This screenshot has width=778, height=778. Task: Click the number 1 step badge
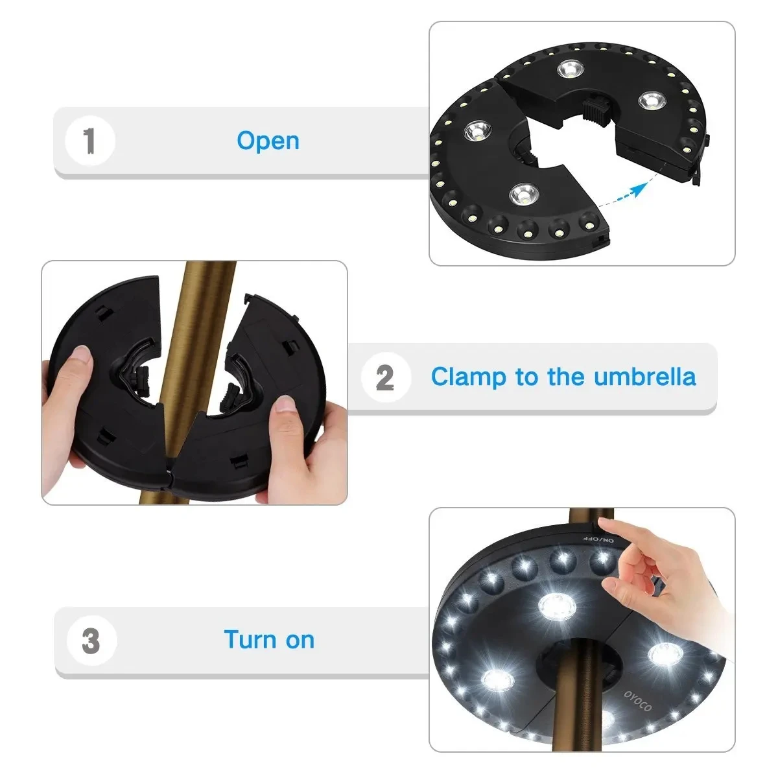[90, 141]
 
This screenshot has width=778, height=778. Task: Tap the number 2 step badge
[385, 377]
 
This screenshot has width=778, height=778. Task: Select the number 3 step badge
[91, 641]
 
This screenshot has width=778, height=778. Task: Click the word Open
[268, 141]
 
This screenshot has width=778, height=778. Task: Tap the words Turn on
[269, 640]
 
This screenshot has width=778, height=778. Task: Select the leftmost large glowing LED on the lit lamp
[496, 681]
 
